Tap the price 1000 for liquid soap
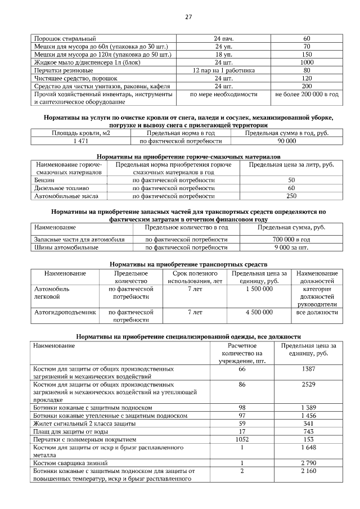coord(307,62)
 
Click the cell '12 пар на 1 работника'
coord(223,70)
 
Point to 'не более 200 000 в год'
coord(307,94)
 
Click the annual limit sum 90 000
coord(286,141)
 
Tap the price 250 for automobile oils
coord(291,196)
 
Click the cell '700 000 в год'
coord(291,239)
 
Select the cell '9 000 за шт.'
coord(291,247)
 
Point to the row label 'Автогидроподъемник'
coord(65,311)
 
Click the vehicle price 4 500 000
coord(259,311)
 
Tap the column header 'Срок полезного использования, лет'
coord(195,277)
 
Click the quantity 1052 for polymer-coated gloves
coord(242,439)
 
